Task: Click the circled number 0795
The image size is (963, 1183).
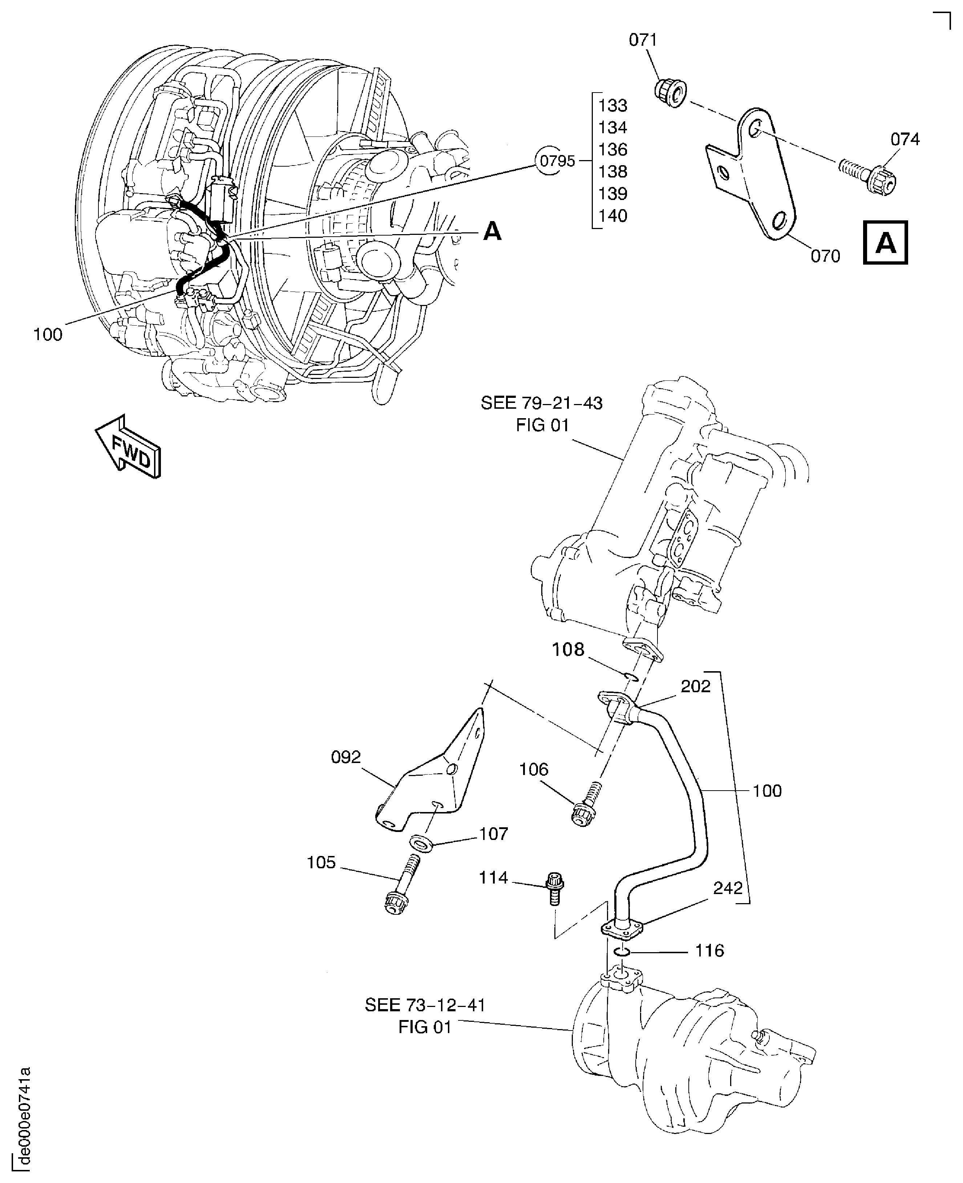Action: (557, 161)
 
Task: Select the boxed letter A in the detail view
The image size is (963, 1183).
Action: (885, 243)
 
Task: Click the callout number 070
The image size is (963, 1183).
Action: (825, 256)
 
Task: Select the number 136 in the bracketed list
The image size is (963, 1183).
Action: (612, 150)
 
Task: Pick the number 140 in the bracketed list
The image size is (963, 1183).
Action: (612, 216)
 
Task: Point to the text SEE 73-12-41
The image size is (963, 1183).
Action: (425, 1005)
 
